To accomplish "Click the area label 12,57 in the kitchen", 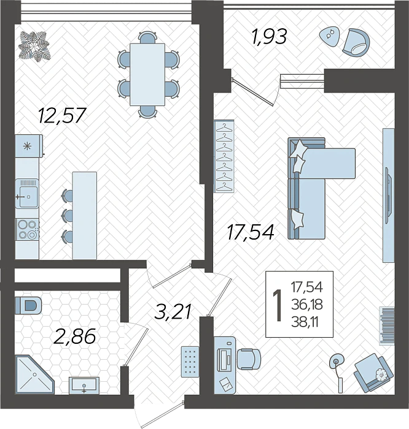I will tap(61, 115).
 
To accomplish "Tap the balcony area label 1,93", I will tap(268, 37).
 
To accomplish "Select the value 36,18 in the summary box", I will tap(307, 303).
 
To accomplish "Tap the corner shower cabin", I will tap(31, 373).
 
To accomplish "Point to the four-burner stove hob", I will tap(27, 229).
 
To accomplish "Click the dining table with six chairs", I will tap(148, 74).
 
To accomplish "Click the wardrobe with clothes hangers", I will tap(224, 157).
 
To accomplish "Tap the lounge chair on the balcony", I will tap(356, 42).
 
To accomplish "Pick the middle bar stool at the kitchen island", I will tap(66, 215).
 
